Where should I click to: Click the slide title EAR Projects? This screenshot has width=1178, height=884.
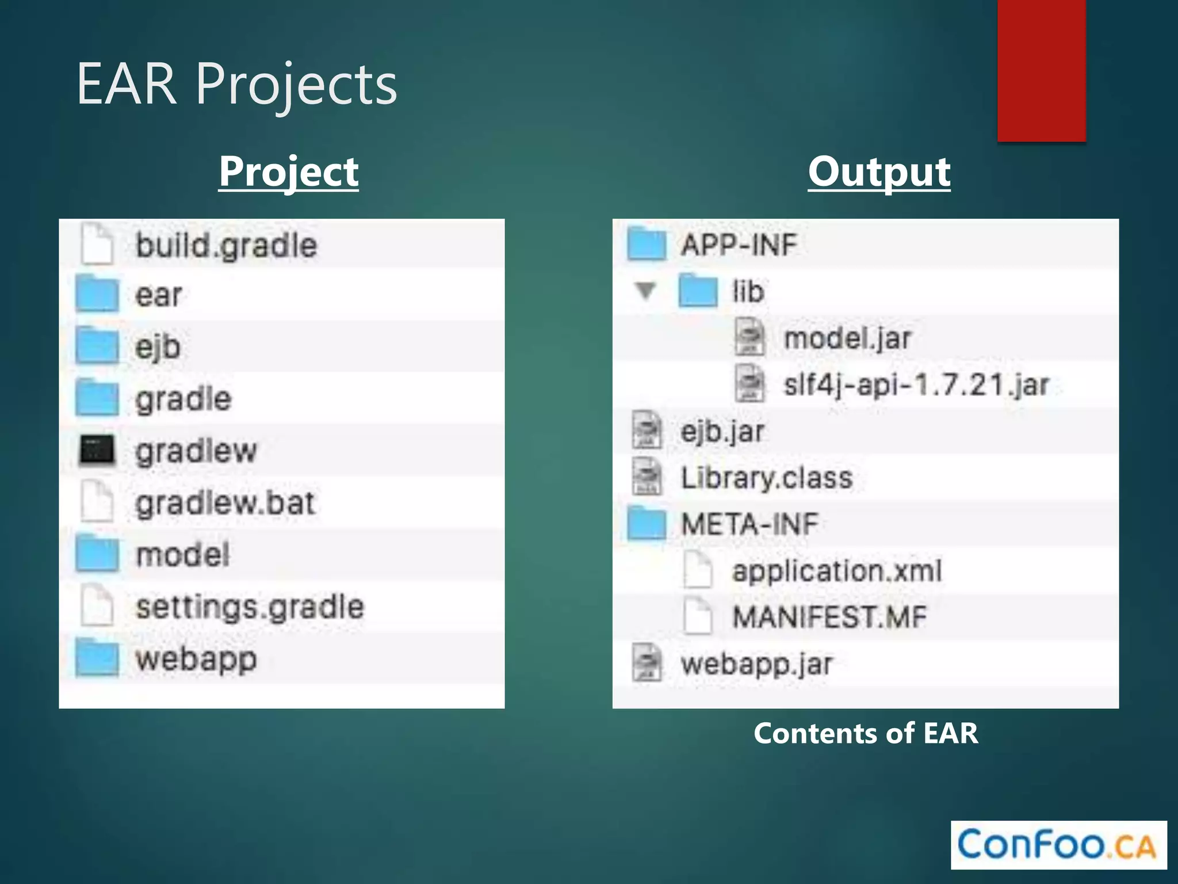tap(236, 85)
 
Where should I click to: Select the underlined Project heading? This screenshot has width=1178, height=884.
tap(289, 172)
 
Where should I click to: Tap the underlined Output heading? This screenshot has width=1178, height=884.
tap(879, 172)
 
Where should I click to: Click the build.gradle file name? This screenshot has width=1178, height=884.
tap(226, 246)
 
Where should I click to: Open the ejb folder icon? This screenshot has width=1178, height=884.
tap(97, 346)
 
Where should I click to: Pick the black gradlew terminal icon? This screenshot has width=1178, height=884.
tap(97, 450)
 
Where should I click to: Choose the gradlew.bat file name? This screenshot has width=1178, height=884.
tap(225, 503)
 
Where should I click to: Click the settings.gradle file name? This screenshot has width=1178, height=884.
tap(250, 607)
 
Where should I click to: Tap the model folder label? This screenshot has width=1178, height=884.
tap(183, 555)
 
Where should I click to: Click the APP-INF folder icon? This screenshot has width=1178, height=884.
tap(647, 244)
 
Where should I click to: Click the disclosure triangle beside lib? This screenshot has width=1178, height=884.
tap(646, 291)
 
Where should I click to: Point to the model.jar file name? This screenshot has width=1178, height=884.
tap(848, 338)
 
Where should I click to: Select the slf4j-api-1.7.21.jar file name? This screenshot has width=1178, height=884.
tap(916, 384)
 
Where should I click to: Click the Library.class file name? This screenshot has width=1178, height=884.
tap(766, 478)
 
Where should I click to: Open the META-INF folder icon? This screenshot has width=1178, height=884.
tap(647, 524)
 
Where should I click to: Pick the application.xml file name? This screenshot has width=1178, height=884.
tap(836, 571)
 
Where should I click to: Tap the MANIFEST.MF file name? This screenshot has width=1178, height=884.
tap(829, 617)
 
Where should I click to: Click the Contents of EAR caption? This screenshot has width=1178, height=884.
tap(866, 733)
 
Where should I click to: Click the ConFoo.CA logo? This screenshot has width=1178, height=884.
tap(1058, 845)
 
